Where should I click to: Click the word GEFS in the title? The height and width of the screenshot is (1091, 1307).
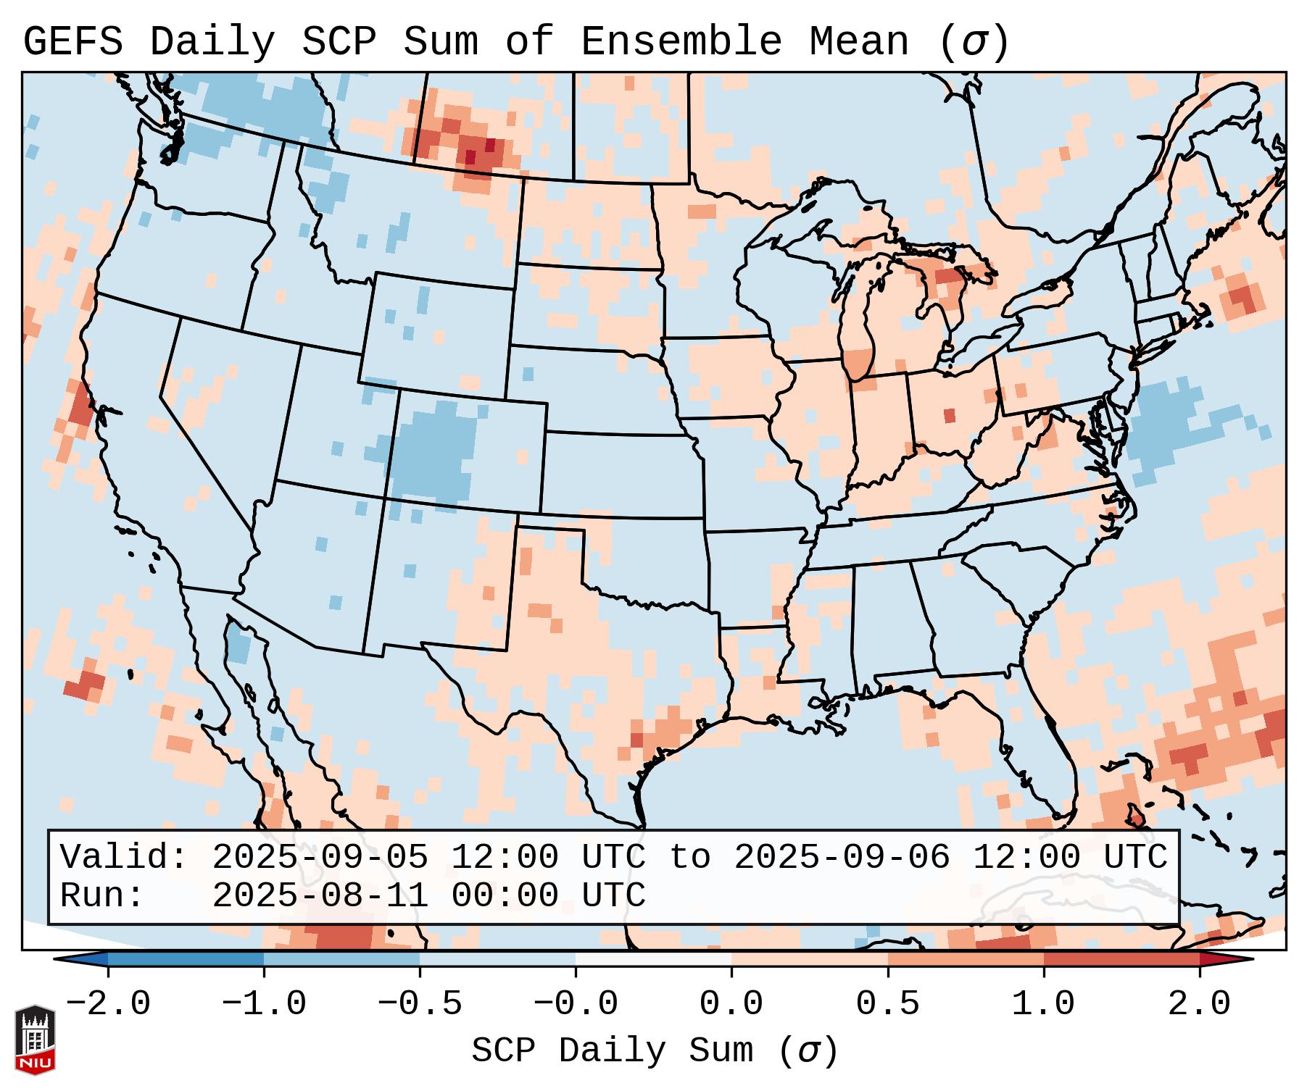pos(72,41)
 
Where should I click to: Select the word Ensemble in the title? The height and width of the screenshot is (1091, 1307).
pos(681,41)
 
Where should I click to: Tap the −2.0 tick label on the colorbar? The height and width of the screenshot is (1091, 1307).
pos(108,1004)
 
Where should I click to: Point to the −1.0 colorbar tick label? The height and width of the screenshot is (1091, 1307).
pos(264,1004)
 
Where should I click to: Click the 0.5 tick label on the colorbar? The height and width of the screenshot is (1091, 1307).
pos(887,1004)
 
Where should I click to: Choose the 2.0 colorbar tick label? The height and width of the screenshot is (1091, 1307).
pos(1199,1004)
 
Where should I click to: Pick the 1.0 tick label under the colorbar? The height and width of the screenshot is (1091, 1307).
pos(1043,1004)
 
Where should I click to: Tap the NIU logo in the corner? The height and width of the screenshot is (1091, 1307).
pos(35,1039)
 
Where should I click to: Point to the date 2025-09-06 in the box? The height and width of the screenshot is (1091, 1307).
pos(842,857)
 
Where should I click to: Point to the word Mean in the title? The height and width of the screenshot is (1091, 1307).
pos(858,41)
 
